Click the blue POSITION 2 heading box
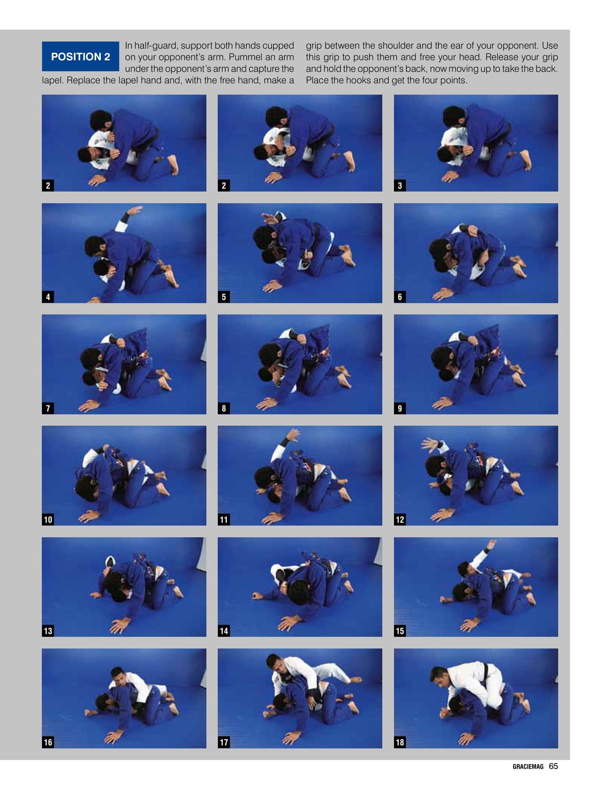80,57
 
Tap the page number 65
553,766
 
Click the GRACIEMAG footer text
528,767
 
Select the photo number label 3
400,186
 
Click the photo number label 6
400,297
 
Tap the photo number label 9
400,408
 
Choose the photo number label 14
224,631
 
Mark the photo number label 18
400,742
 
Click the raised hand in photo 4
134,210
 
